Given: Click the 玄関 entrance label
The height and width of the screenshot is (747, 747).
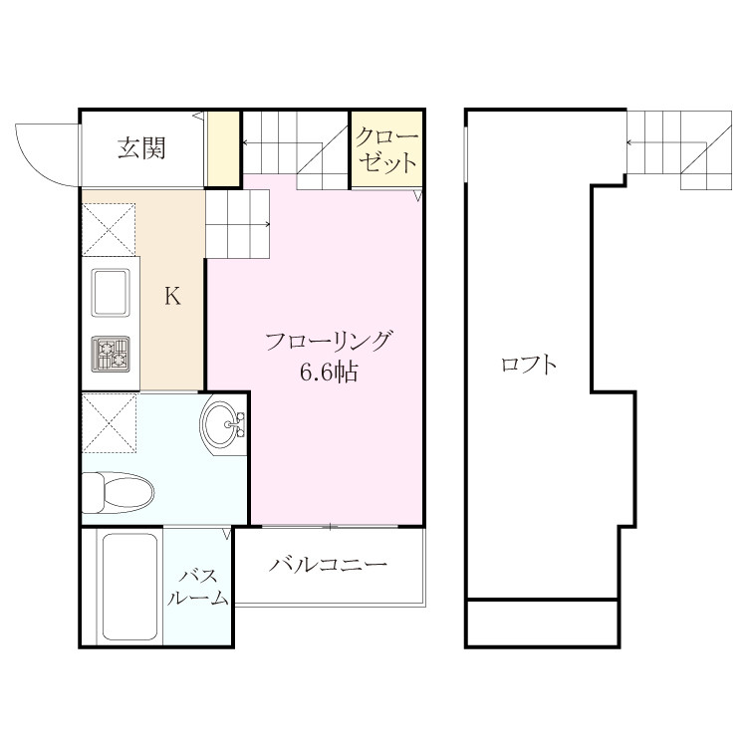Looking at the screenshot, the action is click(x=141, y=147).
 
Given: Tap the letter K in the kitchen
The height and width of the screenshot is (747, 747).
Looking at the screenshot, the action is click(x=172, y=297).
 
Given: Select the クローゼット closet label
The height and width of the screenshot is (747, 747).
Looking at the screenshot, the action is click(x=386, y=149).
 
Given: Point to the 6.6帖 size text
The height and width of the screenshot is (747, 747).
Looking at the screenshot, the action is click(x=329, y=373).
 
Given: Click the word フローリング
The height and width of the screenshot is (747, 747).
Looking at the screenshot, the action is click(x=330, y=341).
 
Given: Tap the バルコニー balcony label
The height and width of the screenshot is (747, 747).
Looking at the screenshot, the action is click(x=329, y=565).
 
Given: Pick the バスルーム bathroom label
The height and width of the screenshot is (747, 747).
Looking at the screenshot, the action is click(x=197, y=587).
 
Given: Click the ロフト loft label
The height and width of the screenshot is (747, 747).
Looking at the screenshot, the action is click(x=529, y=365).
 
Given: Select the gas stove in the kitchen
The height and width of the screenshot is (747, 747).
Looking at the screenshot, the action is click(x=111, y=354).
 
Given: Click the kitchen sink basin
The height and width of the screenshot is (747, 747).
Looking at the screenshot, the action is click(x=111, y=292).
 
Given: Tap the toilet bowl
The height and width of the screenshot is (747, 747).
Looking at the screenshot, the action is click(x=118, y=493).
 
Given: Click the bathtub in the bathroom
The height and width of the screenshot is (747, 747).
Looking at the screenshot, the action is click(x=130, y=588).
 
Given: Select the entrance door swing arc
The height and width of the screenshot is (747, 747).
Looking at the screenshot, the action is click(x=33, y=164).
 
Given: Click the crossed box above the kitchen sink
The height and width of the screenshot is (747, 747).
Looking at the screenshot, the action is click(x=109, y=230).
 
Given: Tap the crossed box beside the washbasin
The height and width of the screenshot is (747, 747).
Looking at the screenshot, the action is click(x=110, y=423).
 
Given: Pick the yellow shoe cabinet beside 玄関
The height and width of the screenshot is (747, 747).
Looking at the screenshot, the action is click(x=222, y=148).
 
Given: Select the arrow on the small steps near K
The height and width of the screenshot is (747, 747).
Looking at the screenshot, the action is click(x=238, y=224).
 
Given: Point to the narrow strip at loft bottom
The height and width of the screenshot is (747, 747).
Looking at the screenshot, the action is click(x=542, y=622).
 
